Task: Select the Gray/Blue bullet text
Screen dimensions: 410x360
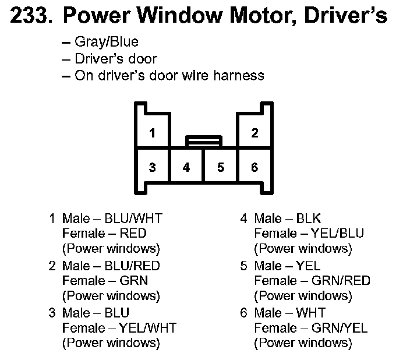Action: tap(107, 43)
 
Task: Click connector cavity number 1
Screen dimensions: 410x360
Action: tap(152, 133)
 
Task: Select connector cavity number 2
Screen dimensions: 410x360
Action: tap(255, 133)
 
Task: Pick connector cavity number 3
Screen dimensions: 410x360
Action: tap(152, 168)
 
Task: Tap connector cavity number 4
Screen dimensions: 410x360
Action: tap(186, 168)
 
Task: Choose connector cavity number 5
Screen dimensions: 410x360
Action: tap(220, 168)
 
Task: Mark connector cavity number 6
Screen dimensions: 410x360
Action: tap(255, 168)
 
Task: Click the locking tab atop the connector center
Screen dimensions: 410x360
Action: tap(203, 141)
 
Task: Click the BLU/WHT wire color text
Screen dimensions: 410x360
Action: tap(133, 218)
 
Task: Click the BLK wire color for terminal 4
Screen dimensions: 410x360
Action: tap(308, 218)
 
